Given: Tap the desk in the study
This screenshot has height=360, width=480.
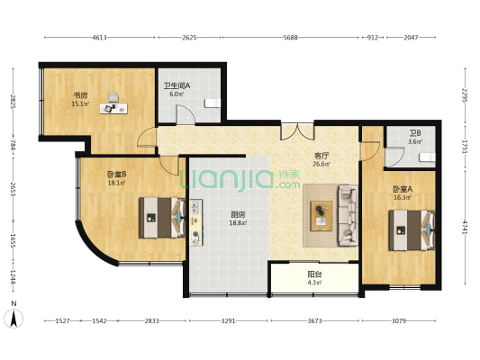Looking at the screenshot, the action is click(113, 108).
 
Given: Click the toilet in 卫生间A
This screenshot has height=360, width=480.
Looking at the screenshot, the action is click(213, 103).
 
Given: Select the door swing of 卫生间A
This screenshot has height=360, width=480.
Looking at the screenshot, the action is click(186, 114).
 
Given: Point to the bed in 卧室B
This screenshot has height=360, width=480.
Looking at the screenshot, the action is click(162, 218).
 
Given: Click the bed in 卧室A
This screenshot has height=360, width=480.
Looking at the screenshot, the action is click(412, 230).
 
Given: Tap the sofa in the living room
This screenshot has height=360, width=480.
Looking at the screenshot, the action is click(348, 215).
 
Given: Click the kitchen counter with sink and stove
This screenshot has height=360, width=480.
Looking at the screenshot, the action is click(196, 222).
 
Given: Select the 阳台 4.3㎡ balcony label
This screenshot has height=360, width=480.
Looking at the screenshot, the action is click(314, 278).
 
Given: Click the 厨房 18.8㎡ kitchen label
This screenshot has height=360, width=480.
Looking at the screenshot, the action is click(238, 219).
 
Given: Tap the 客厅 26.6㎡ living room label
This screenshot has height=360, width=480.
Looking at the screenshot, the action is click(322, 159).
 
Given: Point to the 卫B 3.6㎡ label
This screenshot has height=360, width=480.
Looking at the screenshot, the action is click(415, 138).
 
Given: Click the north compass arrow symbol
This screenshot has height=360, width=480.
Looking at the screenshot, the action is click(14, 318).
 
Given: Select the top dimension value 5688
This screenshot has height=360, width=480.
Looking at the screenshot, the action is click(290, 38).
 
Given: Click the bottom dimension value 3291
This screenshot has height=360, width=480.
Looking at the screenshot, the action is click(228, 320).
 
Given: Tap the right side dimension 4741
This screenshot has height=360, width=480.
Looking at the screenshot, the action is click(465, 228).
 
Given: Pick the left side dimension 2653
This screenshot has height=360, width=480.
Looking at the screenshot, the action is click(13, 189).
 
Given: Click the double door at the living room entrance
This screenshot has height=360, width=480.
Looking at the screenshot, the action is click(297, 131).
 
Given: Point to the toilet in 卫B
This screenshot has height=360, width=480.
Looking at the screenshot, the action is click(428, 157).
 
